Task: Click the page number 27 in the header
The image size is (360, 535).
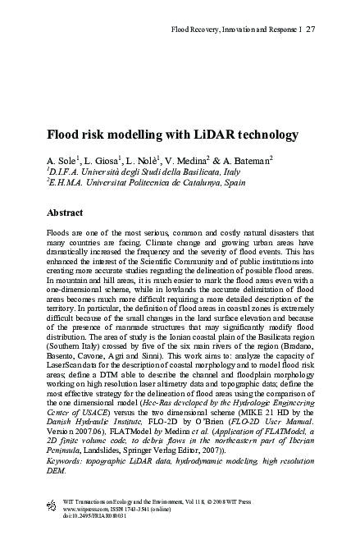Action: coord(311,30)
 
